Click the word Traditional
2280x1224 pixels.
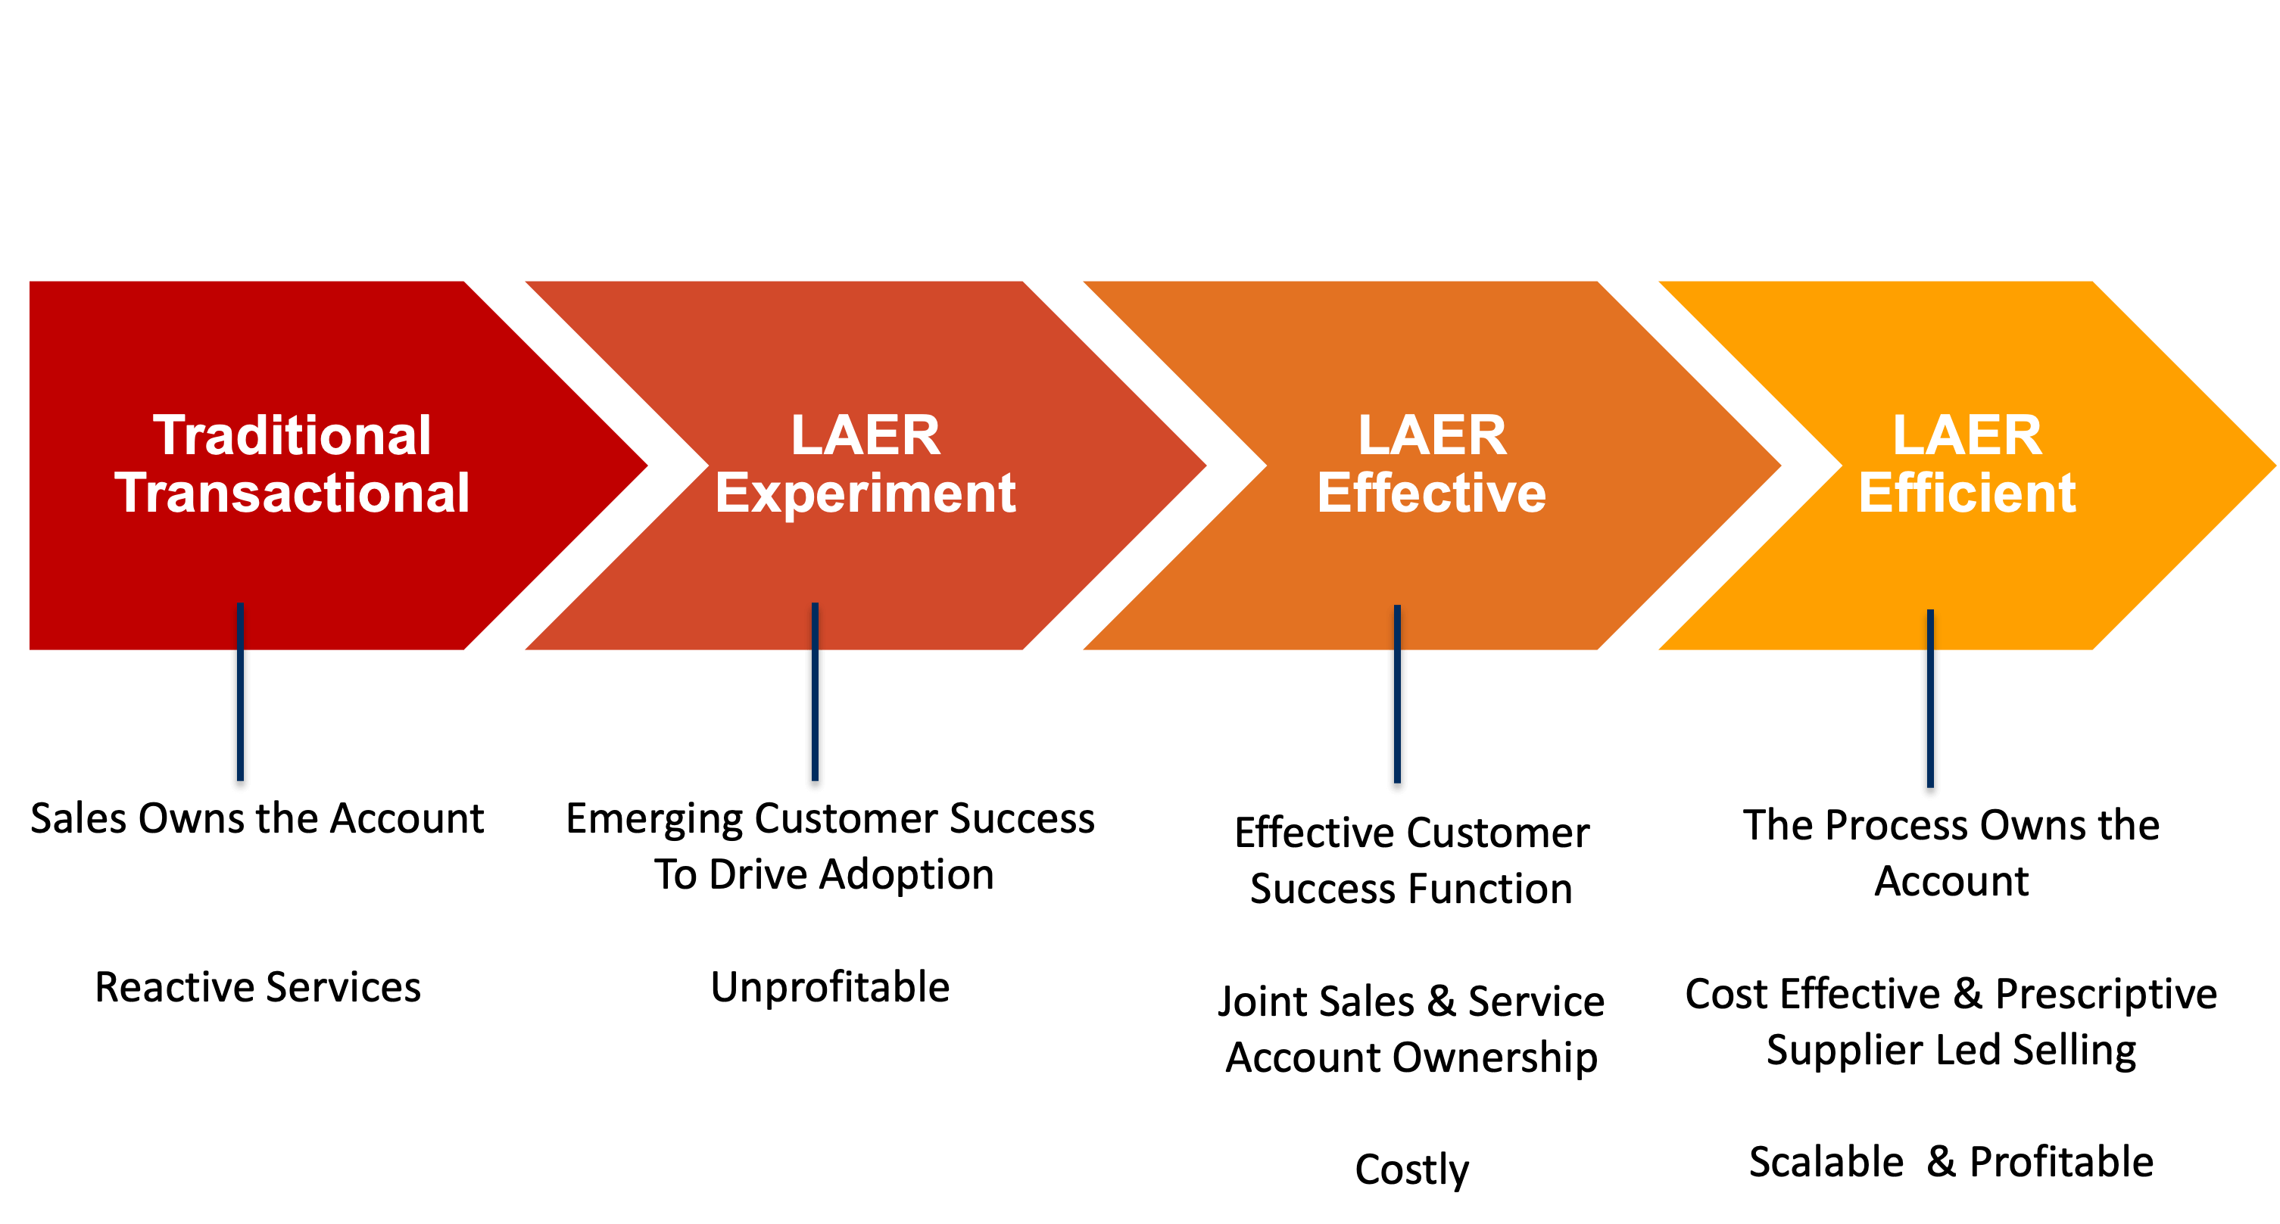pos(292,435)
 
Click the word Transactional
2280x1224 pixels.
pos(292,493)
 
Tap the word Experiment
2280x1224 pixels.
pos(865,493)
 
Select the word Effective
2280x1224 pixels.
pos(1431,493)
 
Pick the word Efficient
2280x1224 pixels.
pos(1967,493)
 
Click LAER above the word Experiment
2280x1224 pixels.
pos(865,435)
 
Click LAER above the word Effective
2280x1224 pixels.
pos(1431,435)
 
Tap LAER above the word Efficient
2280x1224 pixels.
pos(1967,435)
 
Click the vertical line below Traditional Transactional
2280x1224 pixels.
pos(240,708)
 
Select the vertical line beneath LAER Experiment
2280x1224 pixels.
pos(816,708)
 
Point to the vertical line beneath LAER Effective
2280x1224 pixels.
pos(1398,708)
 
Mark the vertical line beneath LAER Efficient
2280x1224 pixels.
pos(1930,708)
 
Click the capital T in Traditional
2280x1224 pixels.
pos(171,435)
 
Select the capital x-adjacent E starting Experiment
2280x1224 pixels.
pos(732,493)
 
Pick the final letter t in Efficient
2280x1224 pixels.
pos(2066,494)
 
